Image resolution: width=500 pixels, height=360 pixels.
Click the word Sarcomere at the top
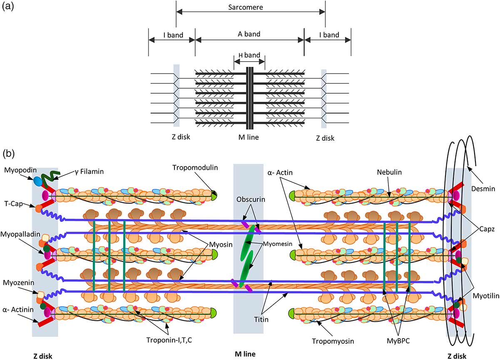[x=251, y=7]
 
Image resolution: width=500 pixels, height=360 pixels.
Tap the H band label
[x=249, y=55]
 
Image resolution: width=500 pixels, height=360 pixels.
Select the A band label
[x=249, y=34]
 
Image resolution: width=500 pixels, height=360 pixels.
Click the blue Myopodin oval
[x=38, y=181]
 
